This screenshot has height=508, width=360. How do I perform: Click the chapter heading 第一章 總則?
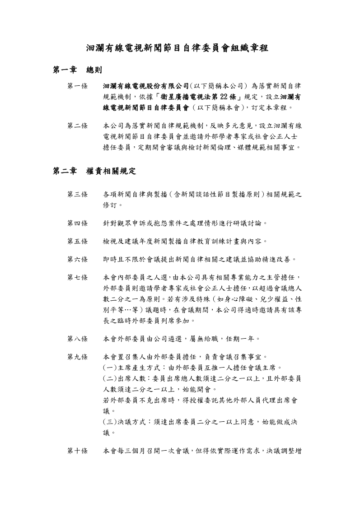pyautogui.click(x=77, y=70)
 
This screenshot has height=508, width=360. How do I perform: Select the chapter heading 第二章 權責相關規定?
pyautogui.click(x=94, y=171)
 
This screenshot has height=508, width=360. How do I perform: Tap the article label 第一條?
pyautogui.click(x=77, y=86)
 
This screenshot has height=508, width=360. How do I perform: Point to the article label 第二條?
pyautogui.click(x=77, y=126)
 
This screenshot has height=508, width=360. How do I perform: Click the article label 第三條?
pyautogui.click(x=77, y=195)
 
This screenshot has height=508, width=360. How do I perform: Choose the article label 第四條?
pyautogui.click(x=77, y=223)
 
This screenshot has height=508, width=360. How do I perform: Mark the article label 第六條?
pyautogui.click(x=77, y=259)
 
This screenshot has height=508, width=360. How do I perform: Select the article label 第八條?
pyautogui.click(x=77, y=338)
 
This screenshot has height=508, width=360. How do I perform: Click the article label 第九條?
pyautogui.click(x=77, y=357)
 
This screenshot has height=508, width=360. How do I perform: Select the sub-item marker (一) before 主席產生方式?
pyautogui.click(x=111, y=367)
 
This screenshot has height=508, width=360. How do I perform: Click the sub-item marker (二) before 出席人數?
pyautogui.click(x=111, y=378)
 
